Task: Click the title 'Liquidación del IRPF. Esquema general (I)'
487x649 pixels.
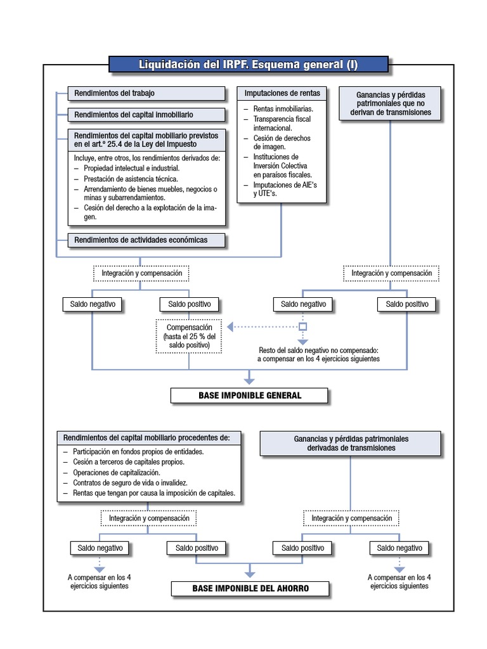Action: (248, 65)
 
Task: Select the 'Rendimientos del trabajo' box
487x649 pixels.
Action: (146, 93)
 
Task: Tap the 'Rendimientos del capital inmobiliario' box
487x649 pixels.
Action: (146, 115)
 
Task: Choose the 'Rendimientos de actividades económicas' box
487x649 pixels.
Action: (146, 240)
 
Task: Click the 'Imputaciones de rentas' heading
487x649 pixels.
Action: (282, 93)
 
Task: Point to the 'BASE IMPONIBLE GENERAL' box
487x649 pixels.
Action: (249, 395)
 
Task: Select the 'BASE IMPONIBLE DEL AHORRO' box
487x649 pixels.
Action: (250, 588)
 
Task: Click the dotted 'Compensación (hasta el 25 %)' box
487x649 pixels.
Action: (190, 336)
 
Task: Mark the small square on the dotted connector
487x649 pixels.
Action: (303, 326)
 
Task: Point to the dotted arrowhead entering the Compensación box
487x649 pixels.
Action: (231, 326)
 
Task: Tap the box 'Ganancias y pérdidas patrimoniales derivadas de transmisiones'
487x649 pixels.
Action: (351, 443)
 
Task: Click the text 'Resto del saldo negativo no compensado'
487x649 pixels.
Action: (318, 350)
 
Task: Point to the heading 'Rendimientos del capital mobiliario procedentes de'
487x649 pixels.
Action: (148, 437)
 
